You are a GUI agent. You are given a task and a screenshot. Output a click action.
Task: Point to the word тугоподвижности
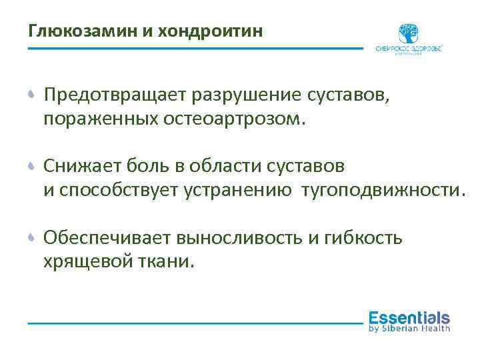381,190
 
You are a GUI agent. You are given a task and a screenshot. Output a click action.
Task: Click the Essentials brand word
409,317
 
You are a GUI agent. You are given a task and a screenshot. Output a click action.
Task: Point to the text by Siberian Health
409,328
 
